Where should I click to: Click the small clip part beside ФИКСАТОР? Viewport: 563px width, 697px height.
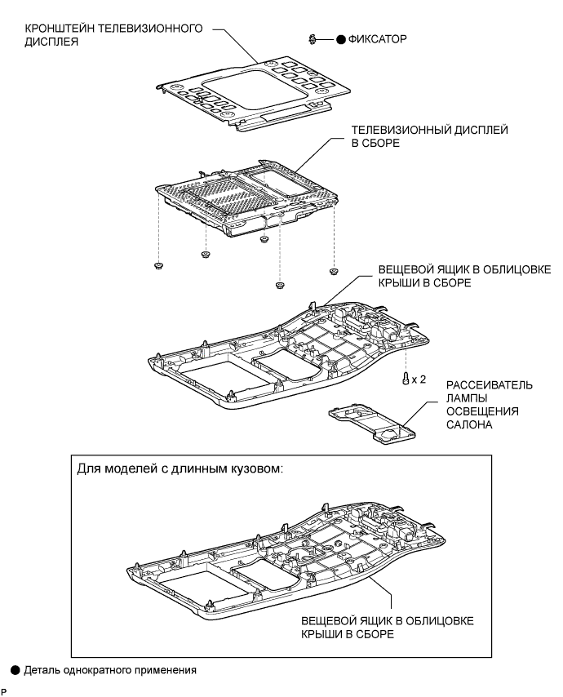(313, 38)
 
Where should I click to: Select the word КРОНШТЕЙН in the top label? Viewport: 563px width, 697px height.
(60, 29)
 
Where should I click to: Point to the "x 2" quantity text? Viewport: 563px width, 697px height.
(420, 380)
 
